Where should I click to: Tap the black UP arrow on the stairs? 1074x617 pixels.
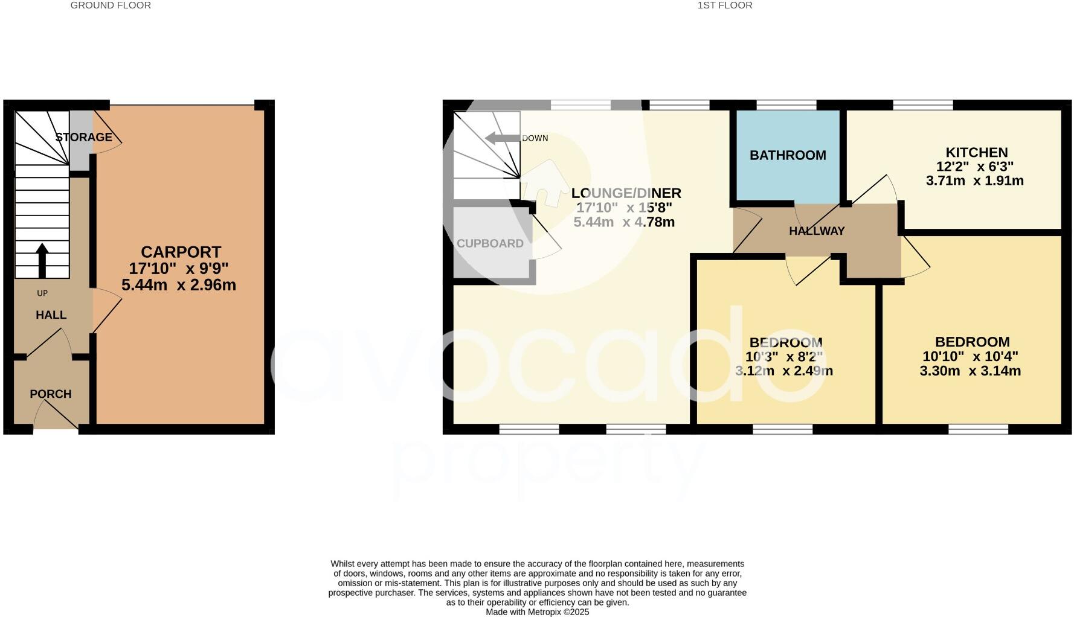coord(42,259)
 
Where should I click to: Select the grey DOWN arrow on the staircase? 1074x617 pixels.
coord(501,138)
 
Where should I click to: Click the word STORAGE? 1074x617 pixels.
coord(84,137)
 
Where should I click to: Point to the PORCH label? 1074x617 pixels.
coord(51,394)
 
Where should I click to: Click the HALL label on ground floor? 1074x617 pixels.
coord(51,315)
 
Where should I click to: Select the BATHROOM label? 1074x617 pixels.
coord(788,155)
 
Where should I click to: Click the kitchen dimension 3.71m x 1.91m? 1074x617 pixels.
coord(974,181)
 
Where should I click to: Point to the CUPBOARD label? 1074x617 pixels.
coord(490,243)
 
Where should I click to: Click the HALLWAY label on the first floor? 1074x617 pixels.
coord(817,231)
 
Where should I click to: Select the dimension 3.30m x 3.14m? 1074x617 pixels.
coord(970,371)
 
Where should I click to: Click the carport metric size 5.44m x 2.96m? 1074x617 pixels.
coord(179,285)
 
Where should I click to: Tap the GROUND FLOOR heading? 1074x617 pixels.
coord(111,5)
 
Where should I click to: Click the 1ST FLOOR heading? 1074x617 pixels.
coord(725,5)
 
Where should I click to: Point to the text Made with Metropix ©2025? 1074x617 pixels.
coord(537,612)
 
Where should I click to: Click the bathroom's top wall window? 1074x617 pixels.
coord(786,105)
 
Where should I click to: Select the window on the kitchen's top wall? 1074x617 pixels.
coord(923,105)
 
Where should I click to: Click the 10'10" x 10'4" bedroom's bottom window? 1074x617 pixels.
coord(978,429)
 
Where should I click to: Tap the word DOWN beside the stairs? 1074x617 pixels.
coord(535,138)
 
